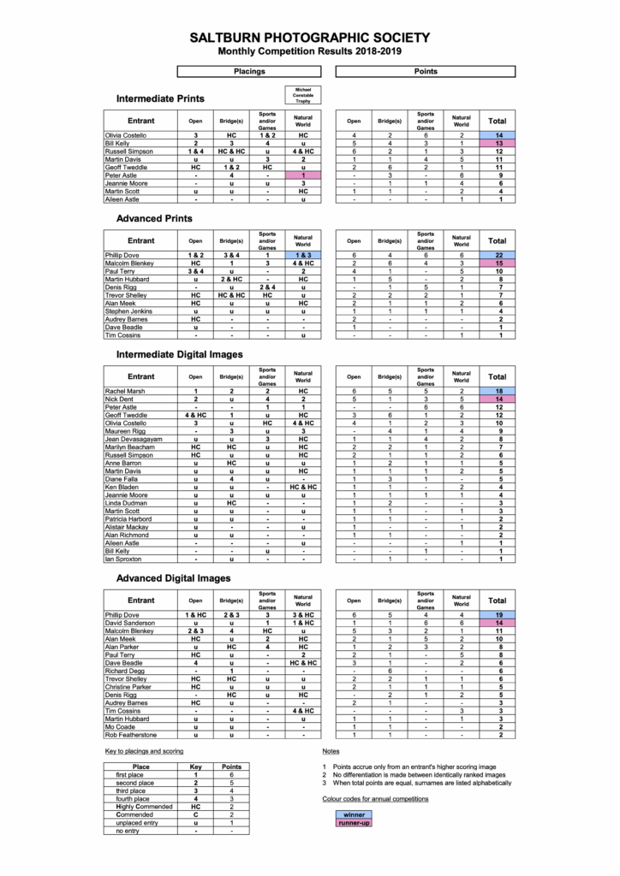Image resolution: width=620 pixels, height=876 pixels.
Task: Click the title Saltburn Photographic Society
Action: (310, 38)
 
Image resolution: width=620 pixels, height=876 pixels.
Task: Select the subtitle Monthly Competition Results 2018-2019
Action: (310, 51)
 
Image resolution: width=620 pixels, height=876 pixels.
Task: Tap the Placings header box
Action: (249, 72)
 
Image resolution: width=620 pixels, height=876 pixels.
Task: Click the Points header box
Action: (425, 72)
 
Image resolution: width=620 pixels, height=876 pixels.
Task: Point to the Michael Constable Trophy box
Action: (302, 94)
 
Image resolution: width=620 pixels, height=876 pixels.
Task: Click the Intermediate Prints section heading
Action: (160, 98)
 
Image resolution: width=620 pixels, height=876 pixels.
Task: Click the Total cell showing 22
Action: (497, 256)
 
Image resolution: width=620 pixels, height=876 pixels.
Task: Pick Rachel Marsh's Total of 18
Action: (497, 391)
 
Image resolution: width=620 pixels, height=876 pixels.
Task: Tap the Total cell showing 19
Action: (497, 615)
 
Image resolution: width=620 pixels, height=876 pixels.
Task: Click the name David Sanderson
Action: (131, 623)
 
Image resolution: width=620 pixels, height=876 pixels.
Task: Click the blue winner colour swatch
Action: (354, 814)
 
